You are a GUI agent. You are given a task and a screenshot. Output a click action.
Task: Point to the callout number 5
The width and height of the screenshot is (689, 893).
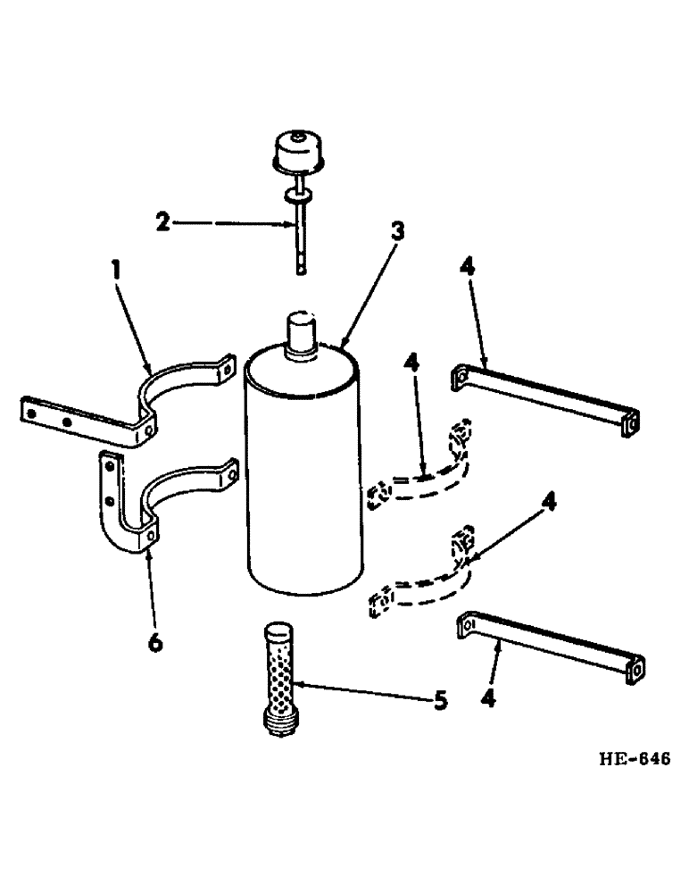point(438,702)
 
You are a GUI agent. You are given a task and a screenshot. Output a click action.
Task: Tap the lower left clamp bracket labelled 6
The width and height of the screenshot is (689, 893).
point(143,505)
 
